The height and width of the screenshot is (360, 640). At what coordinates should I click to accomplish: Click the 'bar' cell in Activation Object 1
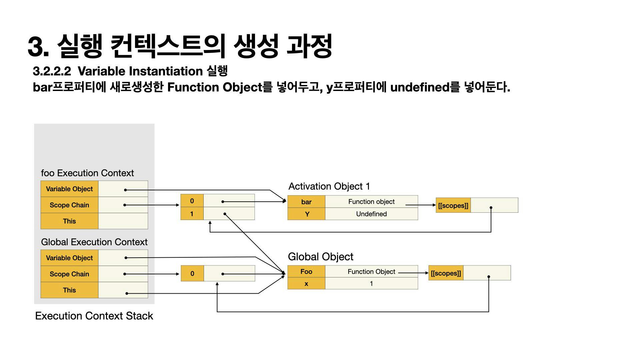306,202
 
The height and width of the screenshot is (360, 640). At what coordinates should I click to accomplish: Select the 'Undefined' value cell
371,214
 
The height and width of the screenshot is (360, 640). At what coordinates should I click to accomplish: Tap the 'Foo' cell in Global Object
306,272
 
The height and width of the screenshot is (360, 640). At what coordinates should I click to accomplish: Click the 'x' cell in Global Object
306,284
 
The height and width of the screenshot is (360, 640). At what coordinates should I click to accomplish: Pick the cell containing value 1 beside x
371,284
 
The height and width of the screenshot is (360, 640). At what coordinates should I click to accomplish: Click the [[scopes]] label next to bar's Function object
453,205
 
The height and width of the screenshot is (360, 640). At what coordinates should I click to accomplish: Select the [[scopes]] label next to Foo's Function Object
446,273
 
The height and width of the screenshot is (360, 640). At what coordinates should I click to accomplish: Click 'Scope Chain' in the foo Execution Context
69,205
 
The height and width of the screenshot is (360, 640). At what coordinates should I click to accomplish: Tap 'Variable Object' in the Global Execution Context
69,258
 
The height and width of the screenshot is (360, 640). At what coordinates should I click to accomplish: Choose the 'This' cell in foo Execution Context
69,221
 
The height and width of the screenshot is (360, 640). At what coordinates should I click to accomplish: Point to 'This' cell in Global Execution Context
69,290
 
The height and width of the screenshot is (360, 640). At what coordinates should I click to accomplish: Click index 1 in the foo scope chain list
192,214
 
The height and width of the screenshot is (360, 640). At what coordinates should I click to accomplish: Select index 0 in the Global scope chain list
192,274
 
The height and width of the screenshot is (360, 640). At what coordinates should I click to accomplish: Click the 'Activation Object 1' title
329,186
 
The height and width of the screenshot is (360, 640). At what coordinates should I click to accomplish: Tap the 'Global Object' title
320,257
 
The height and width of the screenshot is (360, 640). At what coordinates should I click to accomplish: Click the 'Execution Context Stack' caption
94,316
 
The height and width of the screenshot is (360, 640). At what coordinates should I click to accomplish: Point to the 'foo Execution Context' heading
87,173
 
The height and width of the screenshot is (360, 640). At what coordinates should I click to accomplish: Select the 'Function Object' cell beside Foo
371,272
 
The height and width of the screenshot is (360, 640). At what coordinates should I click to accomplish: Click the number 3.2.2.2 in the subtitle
52,71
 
